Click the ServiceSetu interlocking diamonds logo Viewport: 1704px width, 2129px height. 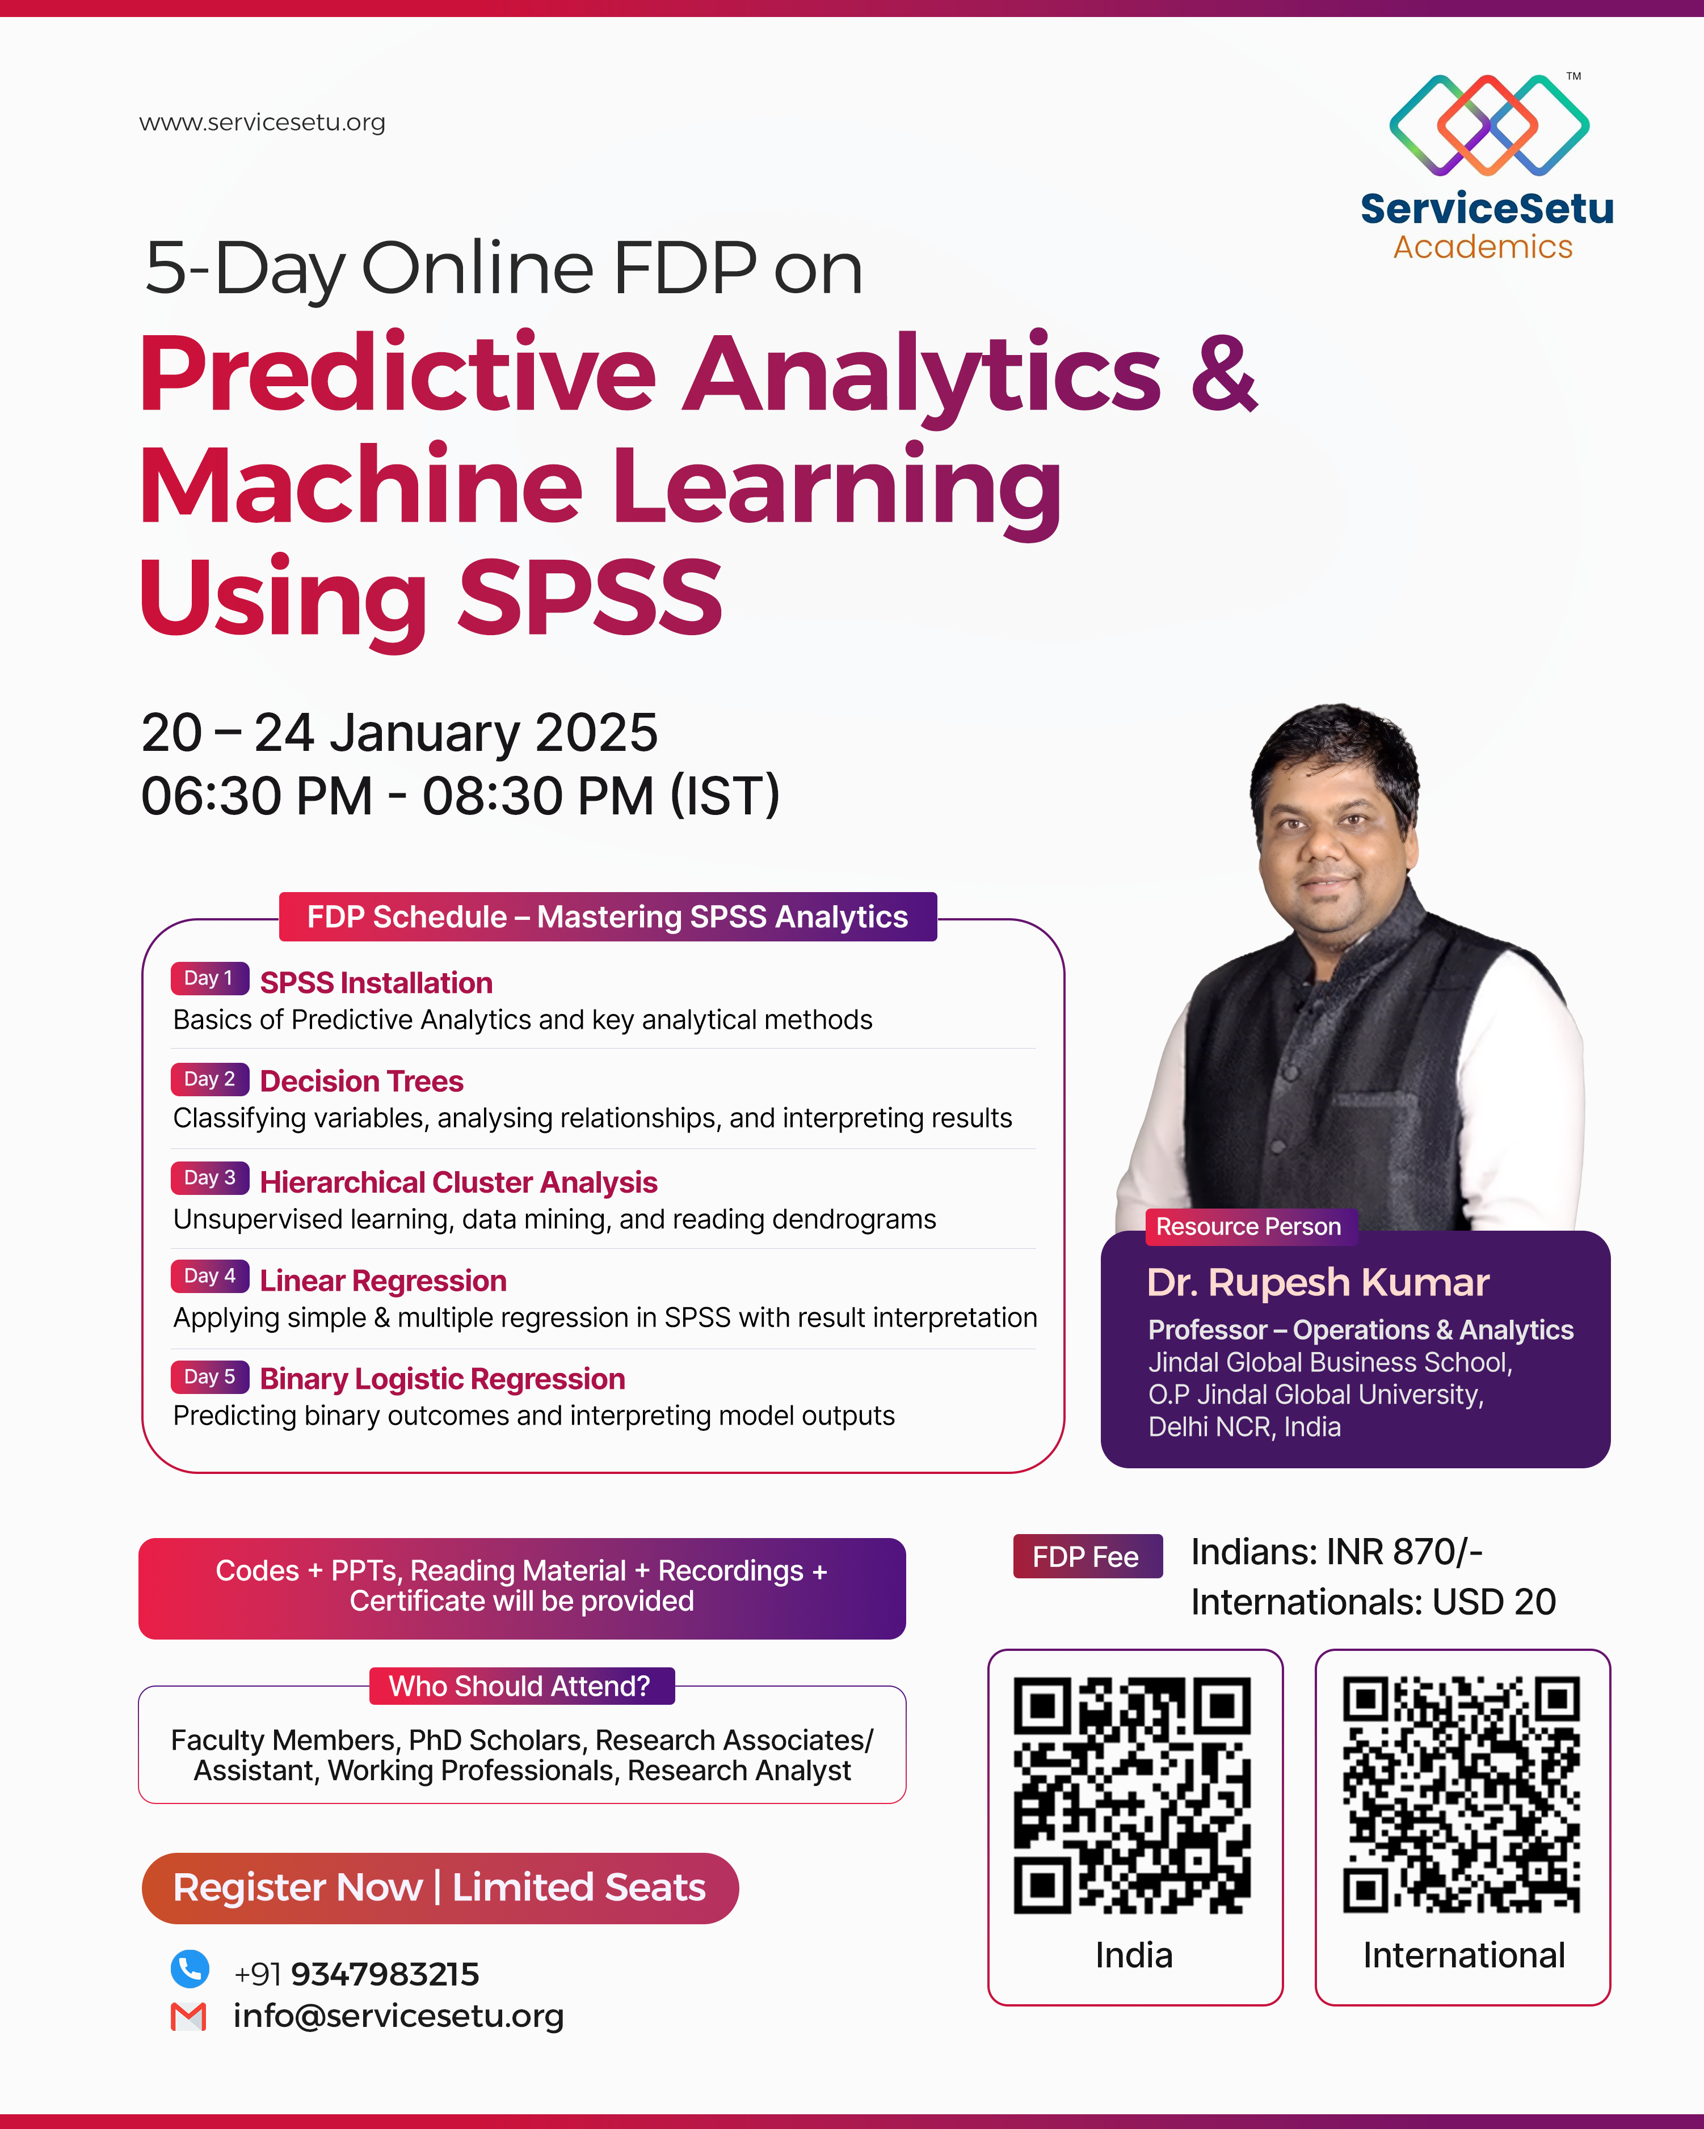click(1488, 124)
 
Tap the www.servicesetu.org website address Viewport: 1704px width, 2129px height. click(262, 122)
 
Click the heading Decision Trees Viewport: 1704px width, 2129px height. click(361, 1082)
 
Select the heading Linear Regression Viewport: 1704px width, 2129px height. click(383, 1281)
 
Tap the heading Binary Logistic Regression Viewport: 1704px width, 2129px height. click(443, 1379)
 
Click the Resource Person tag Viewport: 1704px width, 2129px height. click(1248, 1227)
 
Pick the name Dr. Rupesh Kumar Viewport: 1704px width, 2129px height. click(1318, 1282)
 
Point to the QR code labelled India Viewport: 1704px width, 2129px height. click(1133, 1794)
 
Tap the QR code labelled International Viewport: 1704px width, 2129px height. click(1461, 1794)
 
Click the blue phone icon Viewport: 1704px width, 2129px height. click(190, 1969)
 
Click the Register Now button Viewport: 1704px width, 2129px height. click(440, 1887)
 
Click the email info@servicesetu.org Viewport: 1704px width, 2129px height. click(398, 2016)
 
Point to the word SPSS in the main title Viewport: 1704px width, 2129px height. click(591, 597)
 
